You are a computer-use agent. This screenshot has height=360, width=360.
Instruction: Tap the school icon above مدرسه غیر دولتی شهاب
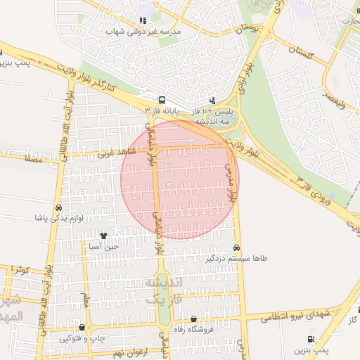[x=143, y=22]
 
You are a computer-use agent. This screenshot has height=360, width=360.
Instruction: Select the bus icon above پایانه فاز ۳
[x=162, y=100]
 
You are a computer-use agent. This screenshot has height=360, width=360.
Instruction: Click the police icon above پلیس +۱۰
[x=213, y=100]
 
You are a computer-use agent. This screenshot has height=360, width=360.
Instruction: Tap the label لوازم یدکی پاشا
[x=59, y=218]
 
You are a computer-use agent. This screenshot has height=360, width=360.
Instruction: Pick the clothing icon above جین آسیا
[x=104, y=236]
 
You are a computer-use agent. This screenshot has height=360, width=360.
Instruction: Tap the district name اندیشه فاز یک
[x=163, y=290]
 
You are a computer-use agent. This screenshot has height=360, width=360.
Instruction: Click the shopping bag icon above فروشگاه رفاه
[x=193, y=319]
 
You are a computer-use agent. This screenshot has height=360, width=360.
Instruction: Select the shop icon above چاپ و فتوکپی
[x=83, y=327]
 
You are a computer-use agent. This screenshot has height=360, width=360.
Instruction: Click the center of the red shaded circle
[x=180, y=179]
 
